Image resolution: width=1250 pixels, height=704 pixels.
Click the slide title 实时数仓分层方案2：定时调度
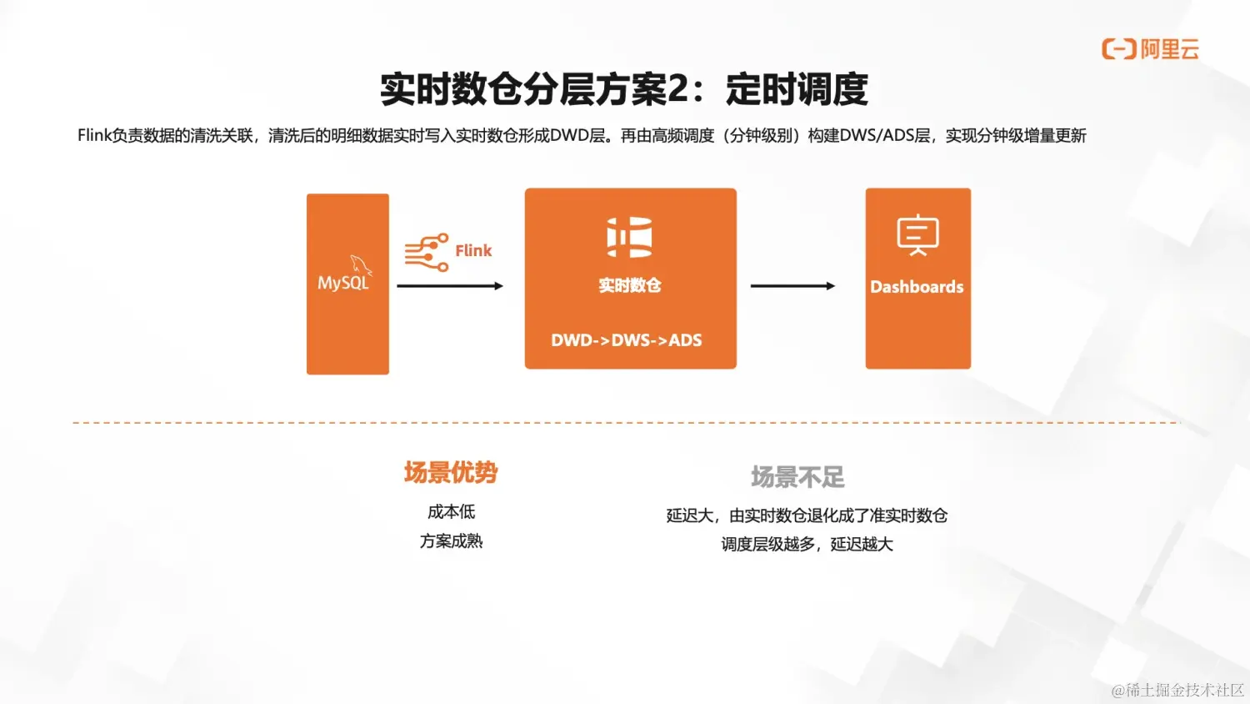pyautogui.click(x=624, y=89)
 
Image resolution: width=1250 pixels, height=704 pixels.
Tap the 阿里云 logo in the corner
pyautogui.click(x=1150, y=49)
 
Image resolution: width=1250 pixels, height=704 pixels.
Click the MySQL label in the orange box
pyautogui.click(x=343, y=283)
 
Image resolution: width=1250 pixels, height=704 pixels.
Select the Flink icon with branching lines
pyautogui.click(x=426, y=252)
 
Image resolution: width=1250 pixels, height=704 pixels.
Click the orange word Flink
pyautogui.click(x=473, y=250)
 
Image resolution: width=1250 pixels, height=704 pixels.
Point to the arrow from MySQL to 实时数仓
pyautogui.click(x=450, y=286)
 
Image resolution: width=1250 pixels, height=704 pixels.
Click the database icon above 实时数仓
pyautogui.click(x=629, y=237)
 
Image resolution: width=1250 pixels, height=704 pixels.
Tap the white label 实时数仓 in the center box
pyautogui.click(x=630, y=285)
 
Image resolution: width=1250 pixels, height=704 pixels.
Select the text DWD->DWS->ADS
pyautogui.click(x=627, y=340)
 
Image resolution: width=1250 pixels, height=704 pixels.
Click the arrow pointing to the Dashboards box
pyautogui.click(x=792, y=286)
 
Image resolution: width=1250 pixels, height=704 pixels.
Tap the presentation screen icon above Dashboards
pyautogui.click(x=917, y=234)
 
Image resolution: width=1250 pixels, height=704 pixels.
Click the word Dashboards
pyautogui.click(x=917, y=287)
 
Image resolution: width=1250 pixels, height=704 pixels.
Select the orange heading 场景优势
pyautogui.click(x=451, y=473)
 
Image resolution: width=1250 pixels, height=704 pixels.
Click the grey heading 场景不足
pyautogui.click(x=797, y=477)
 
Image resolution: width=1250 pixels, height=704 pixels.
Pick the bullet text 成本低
pyautogui.click(x=452, y=512)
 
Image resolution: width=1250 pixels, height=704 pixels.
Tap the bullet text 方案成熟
pyautogui.click(x=452, y=541)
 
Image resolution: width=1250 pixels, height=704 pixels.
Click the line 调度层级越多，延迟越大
pyautogui.click(x=807, y=545)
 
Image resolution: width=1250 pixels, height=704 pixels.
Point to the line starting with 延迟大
pyautogui.click(x=807, y=515)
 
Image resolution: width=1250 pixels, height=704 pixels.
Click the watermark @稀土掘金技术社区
pyautogui.click(x=1177, y=690)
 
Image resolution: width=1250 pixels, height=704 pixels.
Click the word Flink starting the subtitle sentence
pyautogui.click(x=94, y=136)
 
